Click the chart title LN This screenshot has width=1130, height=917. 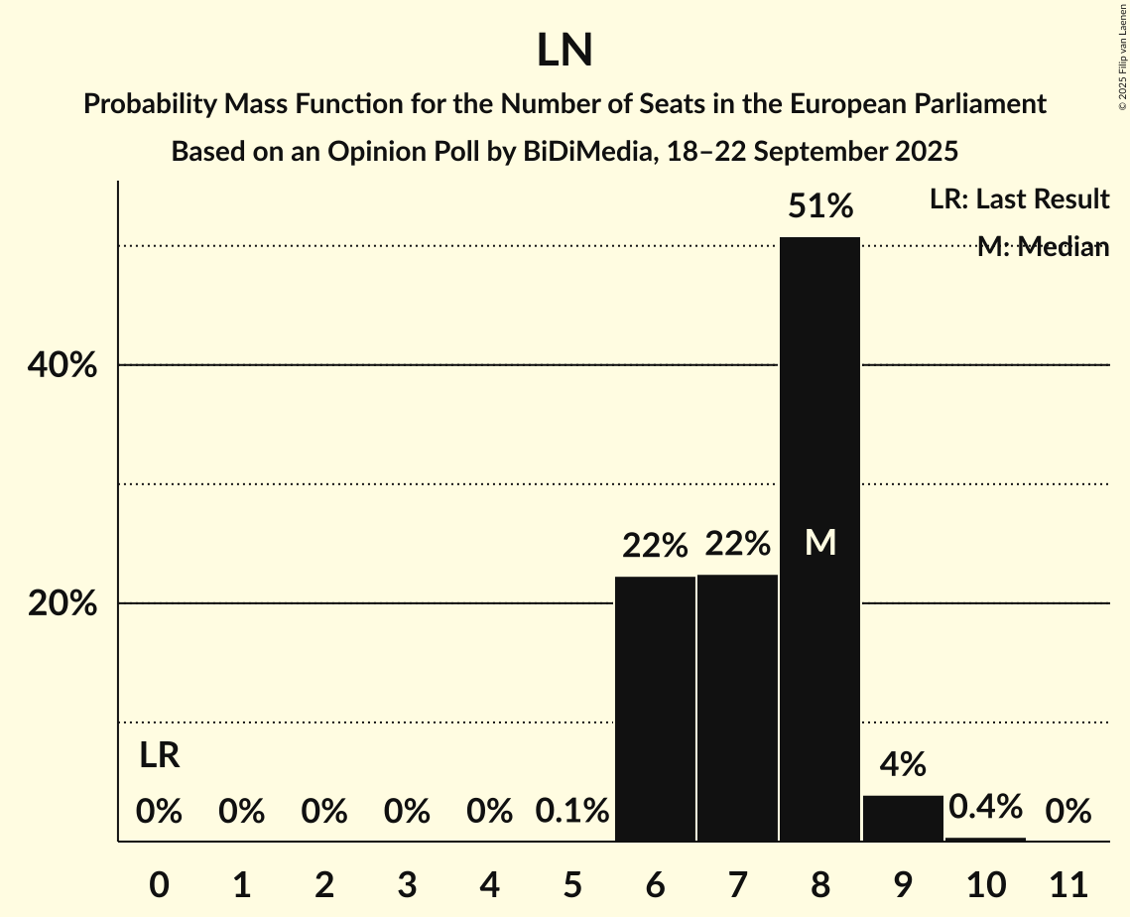[x=565, y=51]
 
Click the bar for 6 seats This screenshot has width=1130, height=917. [x=655, y=709]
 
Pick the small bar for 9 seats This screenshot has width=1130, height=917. [x=903, y=819]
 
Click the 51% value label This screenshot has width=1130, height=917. [x=819, y=206]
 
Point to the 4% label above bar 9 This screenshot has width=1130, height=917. [x=903, y=764]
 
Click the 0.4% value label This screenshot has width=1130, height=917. [x=985, y=807]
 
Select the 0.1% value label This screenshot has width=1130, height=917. [x=571, y=812]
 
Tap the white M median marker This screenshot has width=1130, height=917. [x=820, y=543]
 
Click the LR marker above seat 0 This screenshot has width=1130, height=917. [x=159, y=756]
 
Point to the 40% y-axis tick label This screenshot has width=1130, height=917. [x=62, y=365]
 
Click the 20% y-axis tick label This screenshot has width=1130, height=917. [x=62, y=603]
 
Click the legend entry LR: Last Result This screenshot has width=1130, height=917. [x=1019, y=199]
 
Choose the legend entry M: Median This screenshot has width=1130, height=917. [x=1042, y=246]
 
